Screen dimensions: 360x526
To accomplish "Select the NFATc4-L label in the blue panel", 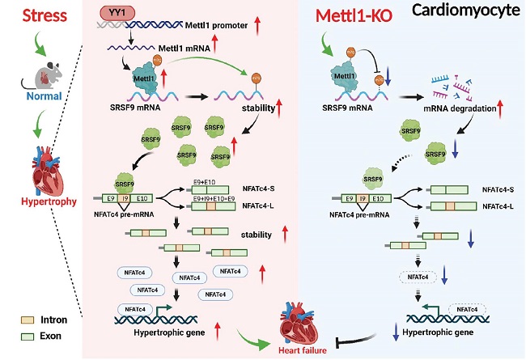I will (x=500, y=206).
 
